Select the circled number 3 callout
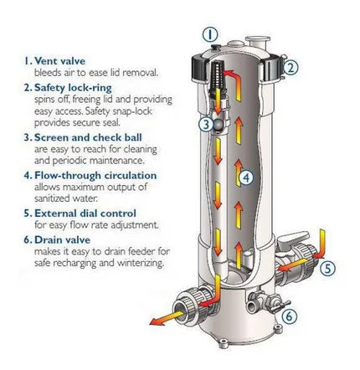coord(206,125)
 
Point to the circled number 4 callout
coord(244,177)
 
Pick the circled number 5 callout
coord(327,269)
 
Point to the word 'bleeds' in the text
coord(49,72)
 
